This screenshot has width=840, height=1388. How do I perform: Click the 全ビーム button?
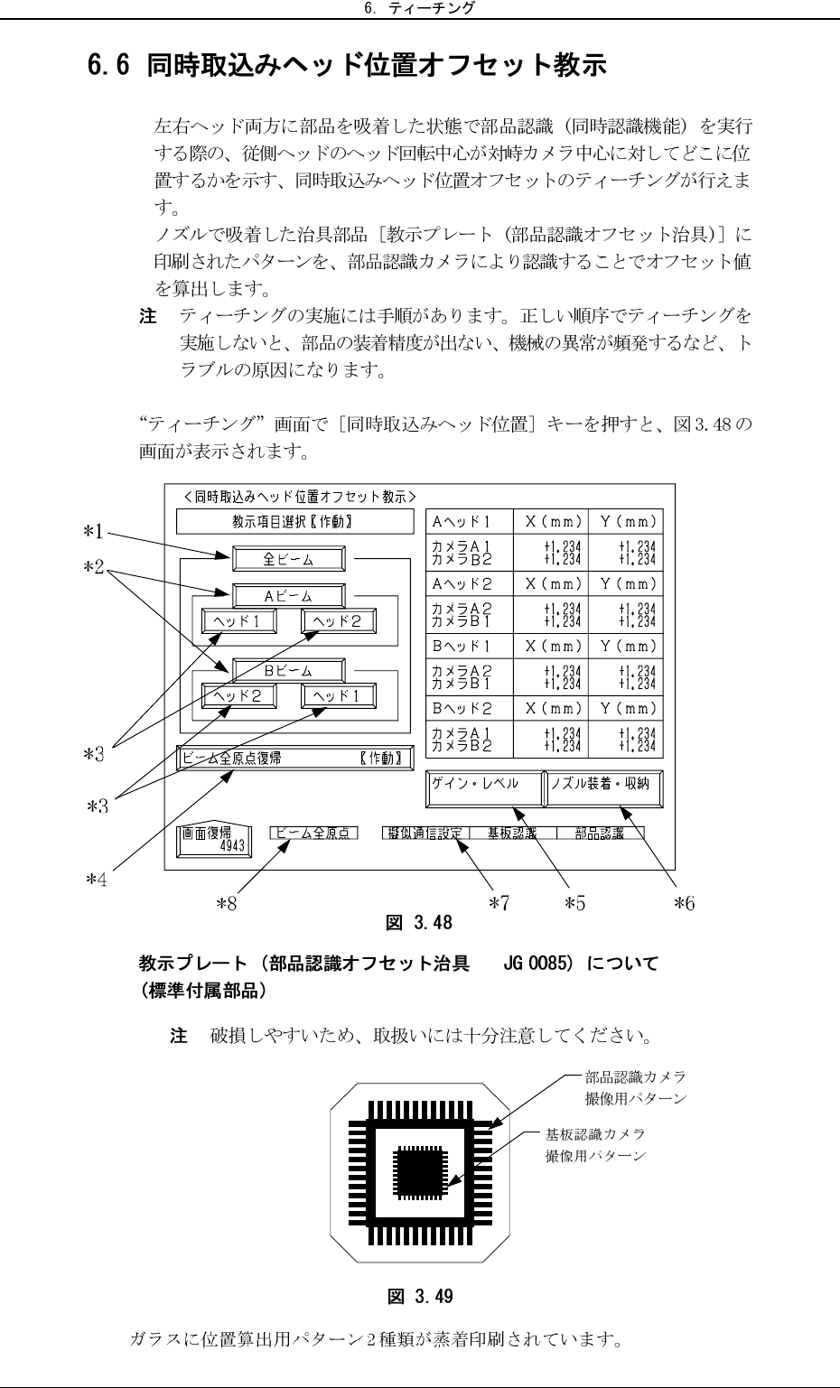288,559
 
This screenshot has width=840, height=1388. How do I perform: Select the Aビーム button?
288,596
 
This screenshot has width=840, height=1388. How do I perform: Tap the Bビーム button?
288,670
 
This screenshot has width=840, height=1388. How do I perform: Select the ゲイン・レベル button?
484,787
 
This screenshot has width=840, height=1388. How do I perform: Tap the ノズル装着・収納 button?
603,787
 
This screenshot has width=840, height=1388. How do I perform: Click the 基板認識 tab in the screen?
512,833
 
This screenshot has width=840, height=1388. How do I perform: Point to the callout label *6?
685,901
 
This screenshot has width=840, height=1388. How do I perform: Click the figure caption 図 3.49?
420,1297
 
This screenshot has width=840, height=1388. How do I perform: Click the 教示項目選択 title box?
286,522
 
